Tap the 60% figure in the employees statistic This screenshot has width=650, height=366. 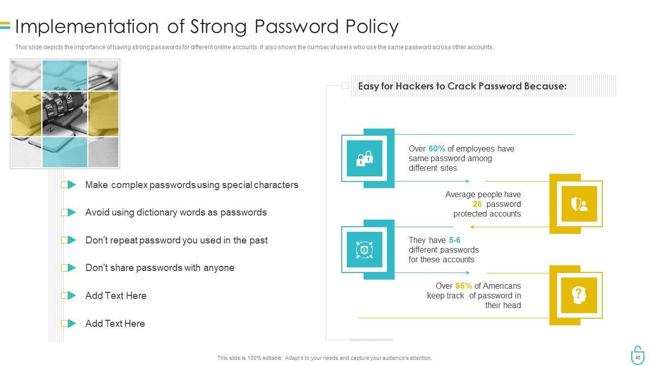pyautogui.click(x=437, y=149)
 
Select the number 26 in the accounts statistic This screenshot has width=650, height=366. pyautogui.click(x=477, y=204)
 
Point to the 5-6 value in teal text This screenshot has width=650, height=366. pyautogui.click(x=454, y=240)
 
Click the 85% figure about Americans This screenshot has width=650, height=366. pyautogui.click(x=464, y=286)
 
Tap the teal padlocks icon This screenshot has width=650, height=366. pyautogui.click(x=365, y=158)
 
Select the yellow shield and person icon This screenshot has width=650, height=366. pyautogui.click(x=579, y=204)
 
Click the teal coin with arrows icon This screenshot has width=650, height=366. pyautogui.click(x=365, y=250)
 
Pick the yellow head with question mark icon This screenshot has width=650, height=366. pyautogui.click(x=579, y=295)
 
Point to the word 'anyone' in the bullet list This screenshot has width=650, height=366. pyautogui.click(x=219, y=268)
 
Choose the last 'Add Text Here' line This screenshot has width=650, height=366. pyautogui.click(x=115, y=324)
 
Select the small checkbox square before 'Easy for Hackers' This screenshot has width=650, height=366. pyautogui.click(x=345, y=86)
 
